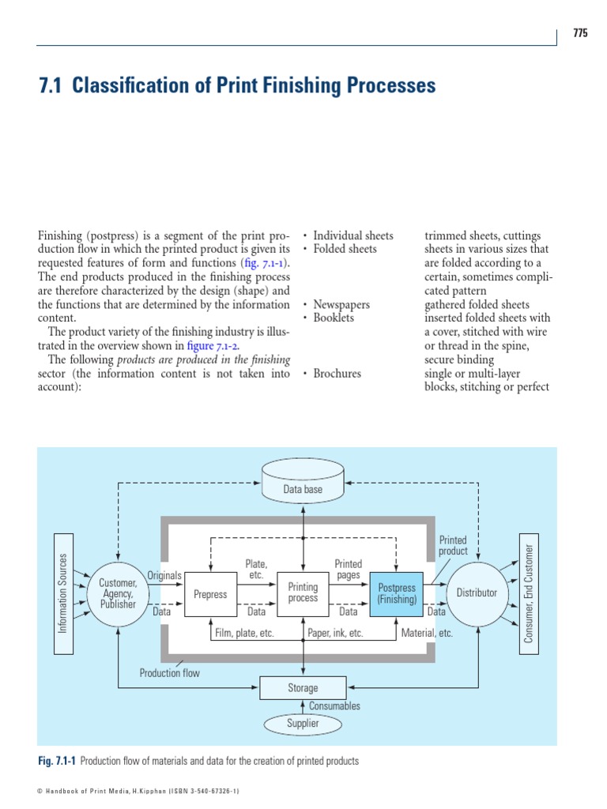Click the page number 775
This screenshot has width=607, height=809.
pos(581,33)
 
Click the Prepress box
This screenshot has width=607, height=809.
pos(211,594)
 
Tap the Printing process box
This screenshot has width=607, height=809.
pos(303,593)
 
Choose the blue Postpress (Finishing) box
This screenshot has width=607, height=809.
pos(397,593)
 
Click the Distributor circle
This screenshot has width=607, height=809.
pos(477,593)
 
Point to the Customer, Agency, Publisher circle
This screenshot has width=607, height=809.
pos(118,593)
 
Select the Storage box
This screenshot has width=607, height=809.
pos(303,687)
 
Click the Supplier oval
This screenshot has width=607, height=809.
pos(303,723)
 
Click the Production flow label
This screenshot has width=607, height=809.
pos(170,673)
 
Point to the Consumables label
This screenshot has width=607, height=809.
pos(334,706)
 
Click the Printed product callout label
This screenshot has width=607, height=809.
pos(453,546)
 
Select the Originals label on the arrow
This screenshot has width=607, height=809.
pos(164,575)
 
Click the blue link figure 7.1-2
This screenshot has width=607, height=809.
pos(210,346)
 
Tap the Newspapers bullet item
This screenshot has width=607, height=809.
pos(341,304)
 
